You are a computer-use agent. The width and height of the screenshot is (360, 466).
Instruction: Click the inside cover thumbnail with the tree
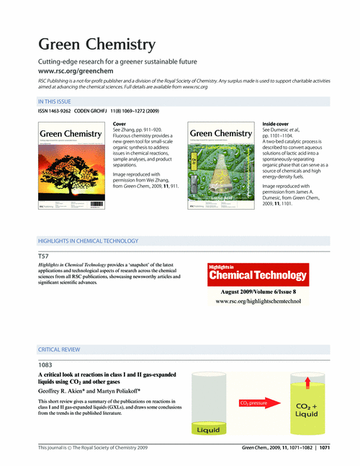point(221,167)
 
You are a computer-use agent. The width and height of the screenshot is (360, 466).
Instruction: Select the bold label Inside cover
point(278,125)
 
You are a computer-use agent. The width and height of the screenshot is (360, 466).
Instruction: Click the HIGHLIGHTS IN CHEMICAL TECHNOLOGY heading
point(88,241)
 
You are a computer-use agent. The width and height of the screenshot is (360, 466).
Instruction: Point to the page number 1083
point(45,365)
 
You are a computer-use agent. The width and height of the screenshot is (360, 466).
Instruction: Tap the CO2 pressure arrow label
point(257,403)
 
